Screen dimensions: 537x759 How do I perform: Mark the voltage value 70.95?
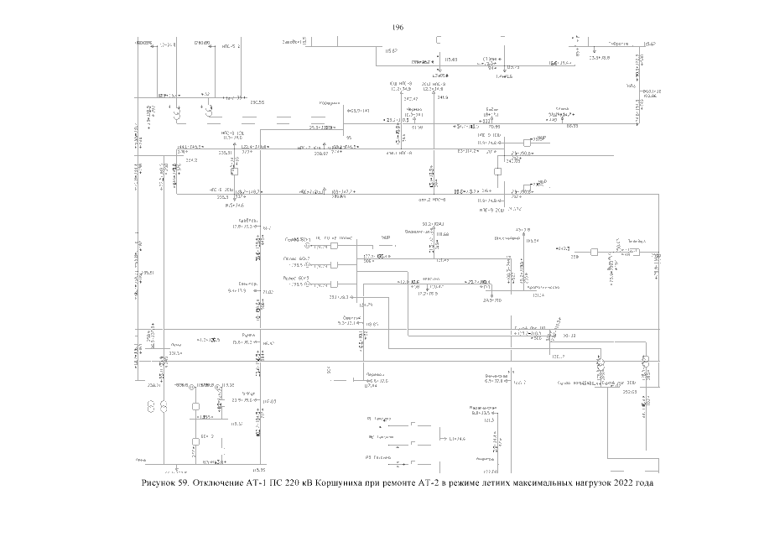(x=494, y=127)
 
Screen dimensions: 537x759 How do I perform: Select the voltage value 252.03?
(x=631, y=391)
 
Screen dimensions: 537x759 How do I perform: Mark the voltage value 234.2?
(x=190, y=160)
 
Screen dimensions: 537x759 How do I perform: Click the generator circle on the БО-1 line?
(x=308, y=246)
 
